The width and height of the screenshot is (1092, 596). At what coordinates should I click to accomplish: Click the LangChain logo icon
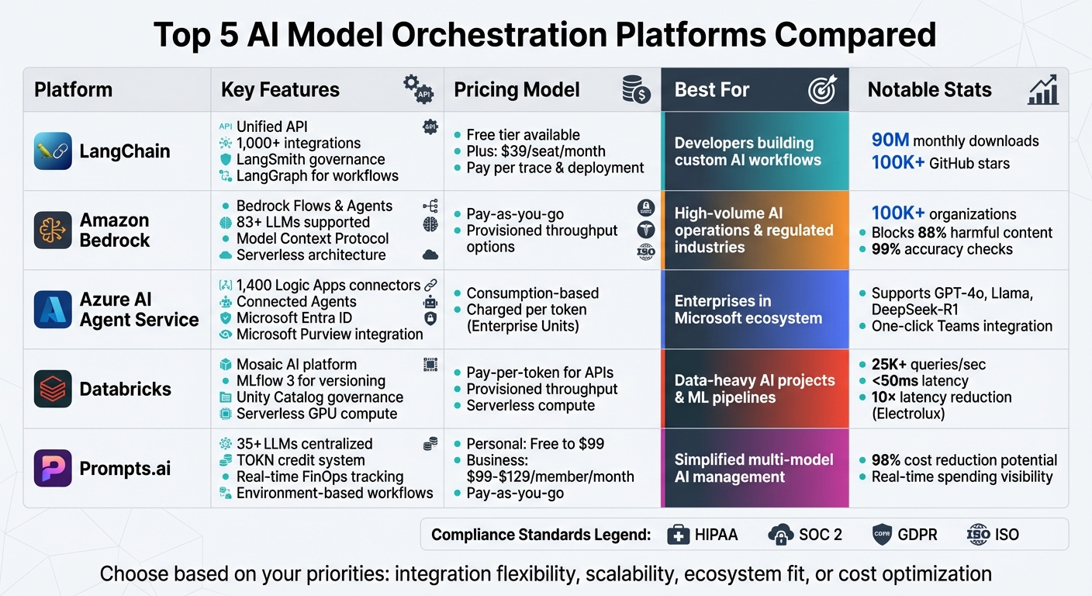coord(53,151)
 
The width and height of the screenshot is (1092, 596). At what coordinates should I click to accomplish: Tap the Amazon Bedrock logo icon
coord(53,230)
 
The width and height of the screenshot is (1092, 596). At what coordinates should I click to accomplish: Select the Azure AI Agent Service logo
coord(53,310)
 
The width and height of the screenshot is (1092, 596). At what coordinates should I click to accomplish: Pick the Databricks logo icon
coord(53,389)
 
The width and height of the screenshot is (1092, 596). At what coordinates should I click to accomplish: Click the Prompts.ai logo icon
coord(53,468)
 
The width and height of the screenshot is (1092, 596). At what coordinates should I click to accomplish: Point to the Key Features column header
coord(280,90)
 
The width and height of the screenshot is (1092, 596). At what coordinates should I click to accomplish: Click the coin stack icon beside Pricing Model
coord(636,90)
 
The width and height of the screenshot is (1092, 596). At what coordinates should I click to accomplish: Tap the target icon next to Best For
coord(822,90)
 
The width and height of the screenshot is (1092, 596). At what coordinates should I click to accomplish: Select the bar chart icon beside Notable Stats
coord(1043,90)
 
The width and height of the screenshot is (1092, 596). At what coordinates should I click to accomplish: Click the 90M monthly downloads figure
coord(955,140)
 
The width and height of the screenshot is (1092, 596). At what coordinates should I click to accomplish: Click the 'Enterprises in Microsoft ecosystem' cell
coord(748,310)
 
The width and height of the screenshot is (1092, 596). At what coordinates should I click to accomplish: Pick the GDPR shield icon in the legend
coord(883,535)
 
